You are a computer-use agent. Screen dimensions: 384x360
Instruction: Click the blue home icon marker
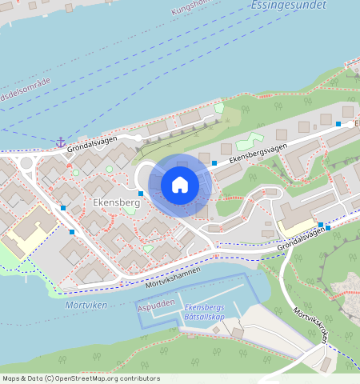tap(180, 186)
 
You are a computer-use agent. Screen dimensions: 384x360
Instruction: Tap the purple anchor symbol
tap(60, 142)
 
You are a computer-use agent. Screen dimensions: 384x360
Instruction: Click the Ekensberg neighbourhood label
tap(116, 203)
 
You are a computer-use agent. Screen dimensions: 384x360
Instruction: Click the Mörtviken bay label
tap(86, 305)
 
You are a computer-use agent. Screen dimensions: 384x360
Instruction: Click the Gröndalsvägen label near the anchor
tap(92, 143)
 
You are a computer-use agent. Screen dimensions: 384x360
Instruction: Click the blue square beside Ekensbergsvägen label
tap(214, 163)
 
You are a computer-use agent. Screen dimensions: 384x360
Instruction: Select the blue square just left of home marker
tap(141, 194)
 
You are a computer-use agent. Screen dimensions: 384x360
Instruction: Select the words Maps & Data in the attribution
tap(22, 378)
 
